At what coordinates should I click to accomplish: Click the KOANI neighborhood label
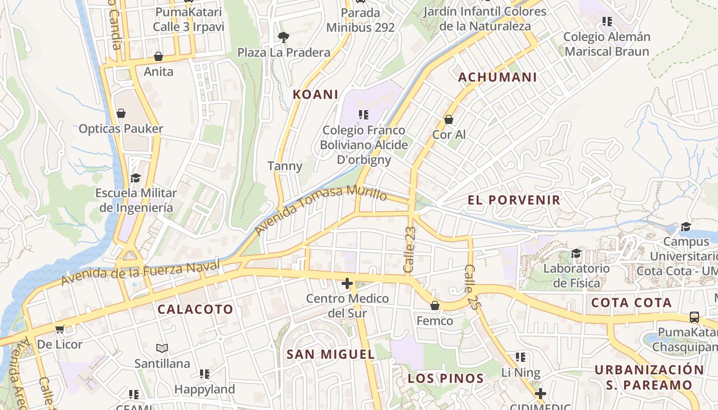(315, 94)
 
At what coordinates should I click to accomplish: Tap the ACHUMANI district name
(497, 77)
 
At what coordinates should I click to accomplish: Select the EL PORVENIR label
(514, 200)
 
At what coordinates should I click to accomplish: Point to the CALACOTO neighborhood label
(195, 309)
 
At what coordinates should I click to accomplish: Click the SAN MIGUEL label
(331, 354)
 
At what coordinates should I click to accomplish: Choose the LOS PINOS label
(446, 379)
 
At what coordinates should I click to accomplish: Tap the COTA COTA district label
(631, 303)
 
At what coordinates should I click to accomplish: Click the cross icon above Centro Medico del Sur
(347, 283)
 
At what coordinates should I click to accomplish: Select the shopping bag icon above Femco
(435, 305)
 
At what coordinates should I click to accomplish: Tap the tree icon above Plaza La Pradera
(283, 37)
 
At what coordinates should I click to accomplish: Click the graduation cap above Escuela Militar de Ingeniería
(135, 178)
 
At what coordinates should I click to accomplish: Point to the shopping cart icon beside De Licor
(60, 329)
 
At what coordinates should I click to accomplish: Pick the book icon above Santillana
(162, 348)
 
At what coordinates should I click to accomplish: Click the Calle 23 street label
(409, 250)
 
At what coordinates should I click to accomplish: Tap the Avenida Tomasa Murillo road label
(321, 211)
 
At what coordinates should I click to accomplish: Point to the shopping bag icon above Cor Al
(449, 119)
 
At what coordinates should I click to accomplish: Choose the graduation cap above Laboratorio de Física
(576, 253)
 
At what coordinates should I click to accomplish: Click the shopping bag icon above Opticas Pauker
(121, 113)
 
